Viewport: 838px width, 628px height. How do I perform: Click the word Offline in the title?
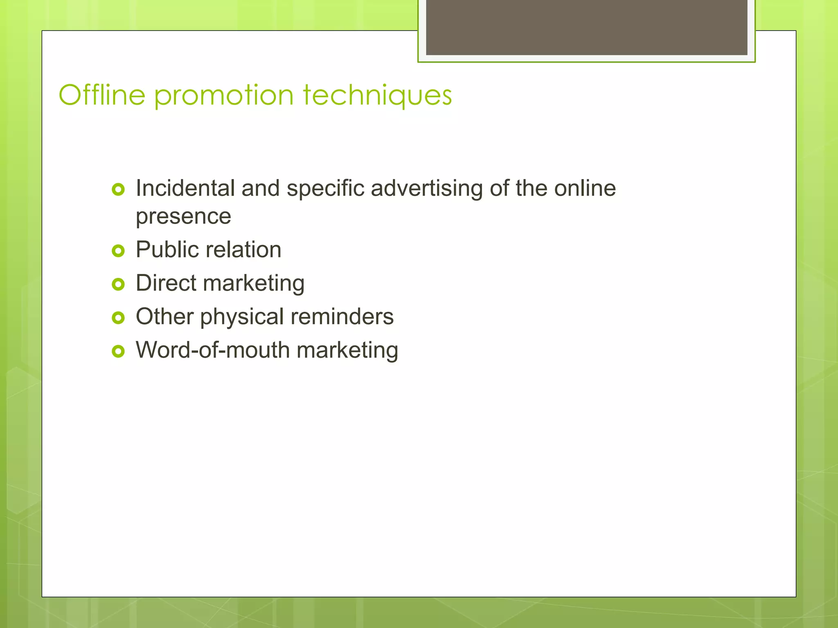[x=102, y=95]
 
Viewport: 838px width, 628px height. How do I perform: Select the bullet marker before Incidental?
[x=118, y=189]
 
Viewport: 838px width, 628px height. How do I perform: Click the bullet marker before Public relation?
[x=118, y=251]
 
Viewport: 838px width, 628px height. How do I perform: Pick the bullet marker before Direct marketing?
[x=118, y=284]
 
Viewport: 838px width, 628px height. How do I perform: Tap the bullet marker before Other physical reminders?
[x=118, y=318]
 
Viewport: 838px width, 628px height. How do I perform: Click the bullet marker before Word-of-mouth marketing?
[x=118, y=351]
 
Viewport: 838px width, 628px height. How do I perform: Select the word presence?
[x=183, y=217]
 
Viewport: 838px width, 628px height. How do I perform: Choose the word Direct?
[x=166, y=283]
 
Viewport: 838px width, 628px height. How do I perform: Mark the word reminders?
[x=342, y=317]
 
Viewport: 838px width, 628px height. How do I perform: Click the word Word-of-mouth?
[x=213, y=350]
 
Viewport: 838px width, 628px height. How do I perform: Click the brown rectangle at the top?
[x=586, y=27]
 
